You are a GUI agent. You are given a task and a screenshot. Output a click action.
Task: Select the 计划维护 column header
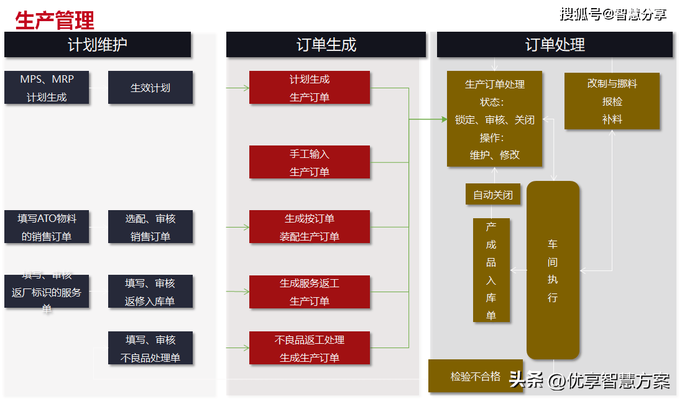98,45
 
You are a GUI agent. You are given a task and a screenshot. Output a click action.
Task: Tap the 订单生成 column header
326,45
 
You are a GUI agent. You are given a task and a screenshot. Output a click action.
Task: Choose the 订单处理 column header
555,45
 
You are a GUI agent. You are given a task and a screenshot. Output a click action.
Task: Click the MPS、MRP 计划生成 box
47,88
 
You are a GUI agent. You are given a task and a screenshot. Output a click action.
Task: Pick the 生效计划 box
150,88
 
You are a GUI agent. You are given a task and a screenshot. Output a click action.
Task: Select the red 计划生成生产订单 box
309,88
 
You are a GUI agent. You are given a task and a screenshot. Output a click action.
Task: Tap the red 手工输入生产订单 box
309,162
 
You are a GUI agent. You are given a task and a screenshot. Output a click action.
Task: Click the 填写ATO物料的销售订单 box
47,227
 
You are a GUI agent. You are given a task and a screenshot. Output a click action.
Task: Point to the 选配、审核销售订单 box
150,227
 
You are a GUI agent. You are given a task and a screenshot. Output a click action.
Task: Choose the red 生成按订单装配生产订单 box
309,227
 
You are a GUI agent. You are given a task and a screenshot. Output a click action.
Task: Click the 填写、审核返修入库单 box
150,292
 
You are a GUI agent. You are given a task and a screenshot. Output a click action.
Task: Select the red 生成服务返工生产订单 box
309,292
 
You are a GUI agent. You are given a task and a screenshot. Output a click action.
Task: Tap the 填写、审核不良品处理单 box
150,348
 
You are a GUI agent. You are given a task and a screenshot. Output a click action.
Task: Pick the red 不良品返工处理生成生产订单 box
309,348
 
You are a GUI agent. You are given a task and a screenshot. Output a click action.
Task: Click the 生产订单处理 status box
494,119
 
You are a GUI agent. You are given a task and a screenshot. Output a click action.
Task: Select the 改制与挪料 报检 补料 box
612,101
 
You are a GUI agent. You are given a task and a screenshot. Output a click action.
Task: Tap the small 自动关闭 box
492,195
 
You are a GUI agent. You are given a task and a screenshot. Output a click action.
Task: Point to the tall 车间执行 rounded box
553,270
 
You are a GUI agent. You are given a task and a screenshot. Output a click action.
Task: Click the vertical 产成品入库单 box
491,270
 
